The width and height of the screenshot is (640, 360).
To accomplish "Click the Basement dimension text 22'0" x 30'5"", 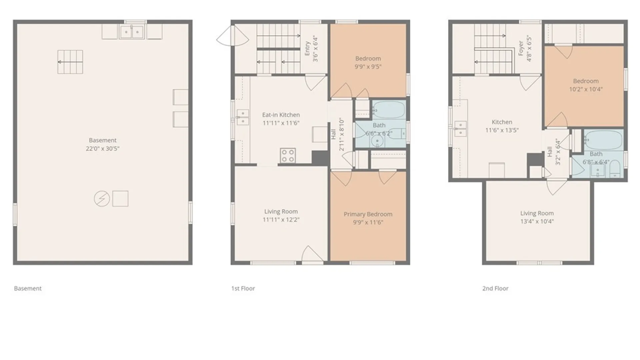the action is [x=103, y=149].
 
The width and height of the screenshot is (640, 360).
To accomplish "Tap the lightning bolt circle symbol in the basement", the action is [x=102, y=199].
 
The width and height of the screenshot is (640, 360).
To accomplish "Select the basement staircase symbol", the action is [x=70, y=62].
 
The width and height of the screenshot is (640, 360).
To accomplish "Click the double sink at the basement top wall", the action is [x=132, y=32].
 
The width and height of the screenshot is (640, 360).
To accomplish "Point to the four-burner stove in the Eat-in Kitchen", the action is [x=288, y=156].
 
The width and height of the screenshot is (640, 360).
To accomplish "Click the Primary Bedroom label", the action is [x=368, y=214].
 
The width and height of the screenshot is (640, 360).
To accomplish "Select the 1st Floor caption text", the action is [x=243, y=288].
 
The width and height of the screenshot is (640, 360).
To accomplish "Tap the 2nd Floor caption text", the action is [x=495, y=288].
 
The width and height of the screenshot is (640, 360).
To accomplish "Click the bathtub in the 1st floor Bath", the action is [x=389, y=110].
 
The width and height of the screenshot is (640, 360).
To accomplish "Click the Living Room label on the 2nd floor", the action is [x=537, y=213].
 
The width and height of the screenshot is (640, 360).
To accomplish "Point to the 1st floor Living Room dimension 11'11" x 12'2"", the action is [x=281, y=220].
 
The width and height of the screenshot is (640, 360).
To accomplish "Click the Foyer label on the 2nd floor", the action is [x=521, y=48].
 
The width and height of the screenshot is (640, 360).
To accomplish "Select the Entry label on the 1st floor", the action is [x=307, y=49].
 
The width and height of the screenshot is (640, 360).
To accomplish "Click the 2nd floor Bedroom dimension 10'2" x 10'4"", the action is [x=586, y=89].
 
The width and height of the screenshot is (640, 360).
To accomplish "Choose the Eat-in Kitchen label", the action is [x=281, y=115].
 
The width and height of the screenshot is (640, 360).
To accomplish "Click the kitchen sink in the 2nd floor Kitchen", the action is [x=460, y=129].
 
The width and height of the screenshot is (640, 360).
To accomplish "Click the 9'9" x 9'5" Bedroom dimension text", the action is [x=368, y=66].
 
